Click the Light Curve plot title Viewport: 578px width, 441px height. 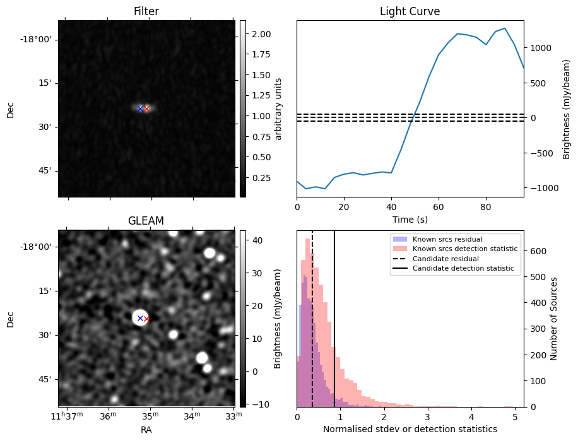click(x=410, y=11)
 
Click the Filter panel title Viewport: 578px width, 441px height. click(x=146, y=11)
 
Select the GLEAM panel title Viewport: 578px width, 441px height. click(x=146, y=221)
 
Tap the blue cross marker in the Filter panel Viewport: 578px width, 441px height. click(x=140, y=109)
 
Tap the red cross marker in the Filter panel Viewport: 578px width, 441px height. click(x=147, y=109)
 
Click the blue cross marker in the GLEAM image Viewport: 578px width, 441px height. click(x=140, y=319)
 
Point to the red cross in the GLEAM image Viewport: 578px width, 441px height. click(x=146, y=319)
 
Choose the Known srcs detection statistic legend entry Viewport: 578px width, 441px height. click(x=464, y=249)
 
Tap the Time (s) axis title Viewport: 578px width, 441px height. click(x=410, y=218)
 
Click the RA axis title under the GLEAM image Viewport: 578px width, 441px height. click(x=146, y=429)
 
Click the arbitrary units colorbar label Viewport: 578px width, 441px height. click(x=278, y=109)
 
